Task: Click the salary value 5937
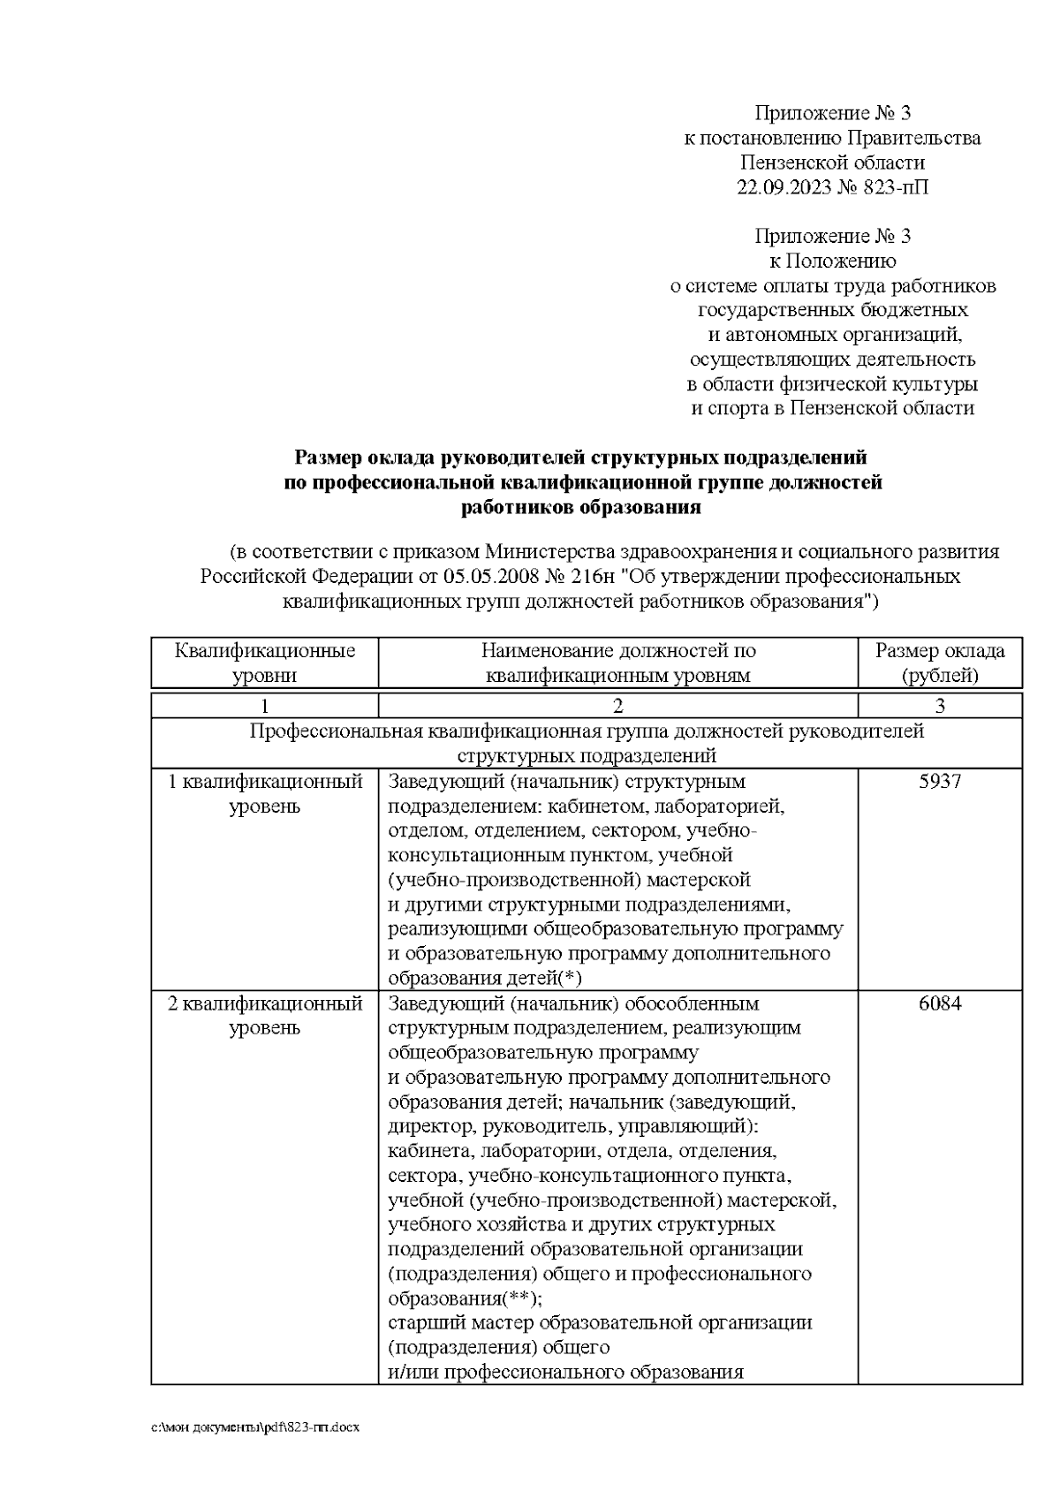click(939, 782)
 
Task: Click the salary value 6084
click(939, 1003)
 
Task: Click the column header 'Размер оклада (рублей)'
click(939, 663)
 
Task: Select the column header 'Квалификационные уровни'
click(264, 663)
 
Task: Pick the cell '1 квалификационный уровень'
click(264, 794)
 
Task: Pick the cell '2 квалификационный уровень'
click(264, 1016)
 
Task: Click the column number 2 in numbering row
click(617, 706)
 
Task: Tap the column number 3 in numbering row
click(939, 706)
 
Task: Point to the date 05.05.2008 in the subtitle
click(489, 577)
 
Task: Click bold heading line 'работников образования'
click(580, 508)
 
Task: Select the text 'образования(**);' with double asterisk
click(466, 1298)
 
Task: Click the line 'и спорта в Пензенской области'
click(832, 408)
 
